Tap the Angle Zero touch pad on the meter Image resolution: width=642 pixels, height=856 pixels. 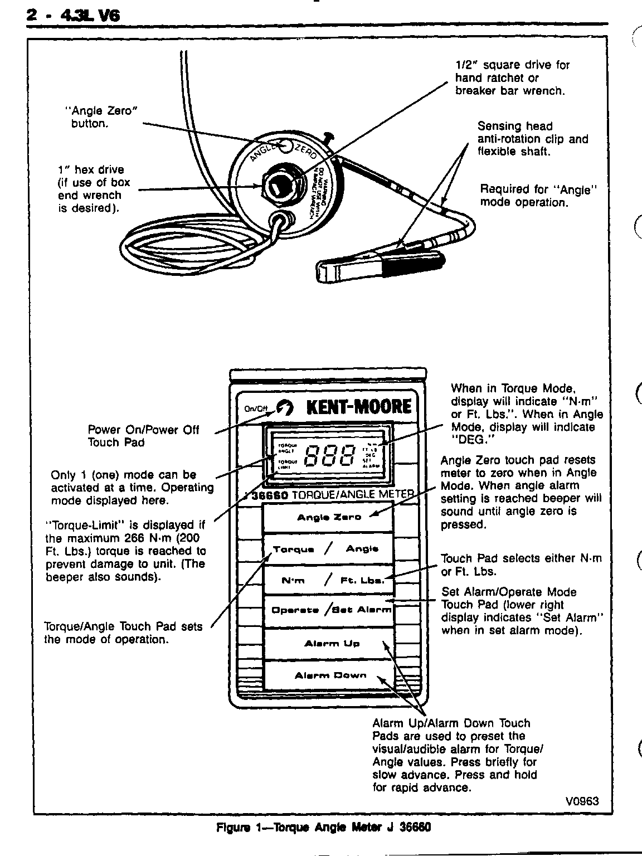(329, 517)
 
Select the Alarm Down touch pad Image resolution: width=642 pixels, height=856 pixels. (330, 675)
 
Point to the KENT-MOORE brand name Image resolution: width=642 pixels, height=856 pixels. (359, 406)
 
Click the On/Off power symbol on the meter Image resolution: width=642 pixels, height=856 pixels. (285, 408)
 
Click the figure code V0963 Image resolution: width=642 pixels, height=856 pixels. (581, 801)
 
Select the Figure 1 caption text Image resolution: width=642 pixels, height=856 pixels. (323, 827)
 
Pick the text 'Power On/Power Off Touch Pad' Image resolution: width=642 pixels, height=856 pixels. (143, 436)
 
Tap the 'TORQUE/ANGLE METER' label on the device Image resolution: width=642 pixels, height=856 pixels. (353, 494)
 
